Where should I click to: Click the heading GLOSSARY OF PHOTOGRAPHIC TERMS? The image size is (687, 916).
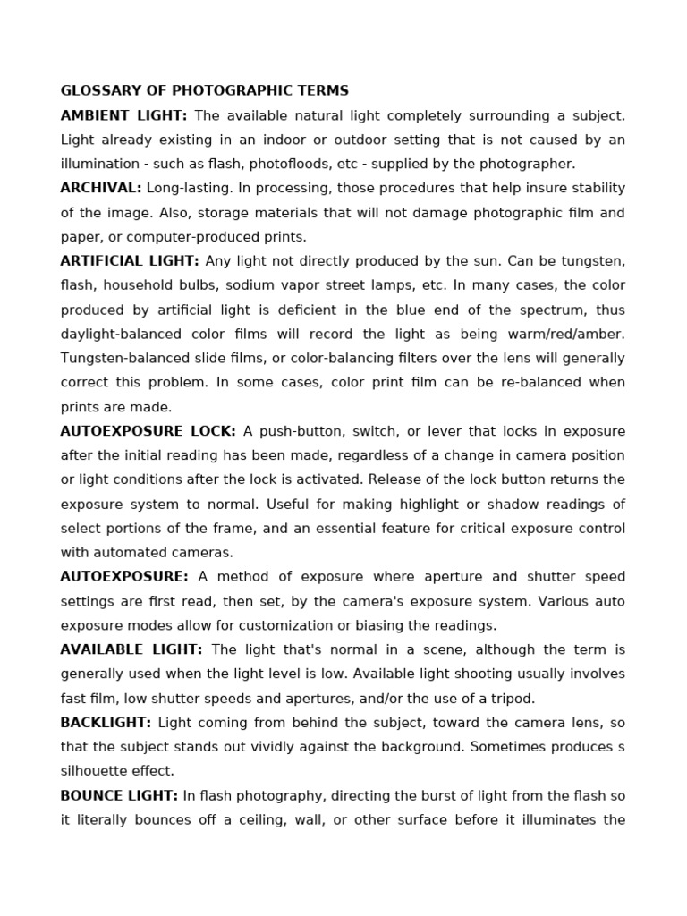point(204,91)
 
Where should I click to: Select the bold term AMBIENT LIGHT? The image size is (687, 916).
point(123,115)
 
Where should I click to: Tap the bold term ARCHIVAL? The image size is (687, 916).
point(100,188)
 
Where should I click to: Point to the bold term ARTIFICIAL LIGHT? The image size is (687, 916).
point(129,261)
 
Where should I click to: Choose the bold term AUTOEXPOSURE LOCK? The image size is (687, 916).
point(148,431)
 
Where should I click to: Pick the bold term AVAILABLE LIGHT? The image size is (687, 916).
point(131,649)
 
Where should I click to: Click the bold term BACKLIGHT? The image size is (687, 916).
point(106,722)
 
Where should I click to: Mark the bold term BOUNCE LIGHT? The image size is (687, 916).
point(119,795)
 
